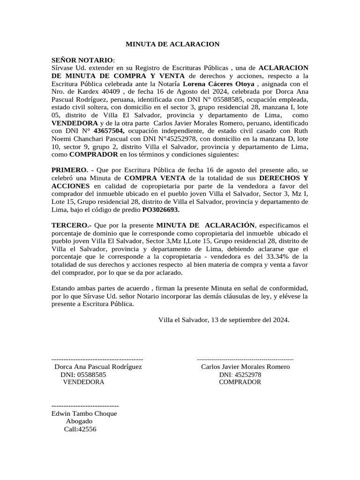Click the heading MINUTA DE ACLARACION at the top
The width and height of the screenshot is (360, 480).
coord(172,45)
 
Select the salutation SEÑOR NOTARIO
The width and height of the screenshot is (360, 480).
coord(82,60)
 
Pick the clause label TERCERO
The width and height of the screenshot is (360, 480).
coord(71,225)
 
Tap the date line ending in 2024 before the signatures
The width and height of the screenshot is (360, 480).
coord(224,320)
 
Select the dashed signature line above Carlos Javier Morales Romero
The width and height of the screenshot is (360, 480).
coord(245,359)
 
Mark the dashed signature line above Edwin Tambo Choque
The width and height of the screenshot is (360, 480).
coord(85,405)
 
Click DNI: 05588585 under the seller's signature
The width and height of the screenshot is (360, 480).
coord(83,375)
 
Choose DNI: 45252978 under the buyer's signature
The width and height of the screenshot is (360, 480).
coord(240,375)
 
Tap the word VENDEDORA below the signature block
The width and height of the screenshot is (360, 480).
coord(83,382)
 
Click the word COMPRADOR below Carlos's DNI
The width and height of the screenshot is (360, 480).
coord(240,382)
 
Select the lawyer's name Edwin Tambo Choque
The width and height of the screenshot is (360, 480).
coord(84,413)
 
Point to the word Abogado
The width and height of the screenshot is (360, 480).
coord(79,421)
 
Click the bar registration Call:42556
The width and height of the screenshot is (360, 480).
coord(80,429)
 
